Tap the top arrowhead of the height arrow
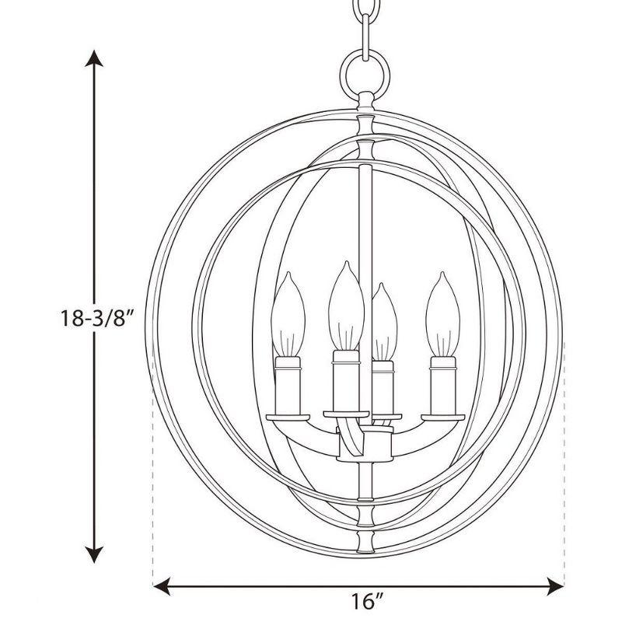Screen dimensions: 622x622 point(94,56)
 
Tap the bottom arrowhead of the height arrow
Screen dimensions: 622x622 point(94,557)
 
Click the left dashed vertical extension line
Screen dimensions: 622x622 point(153,482)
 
